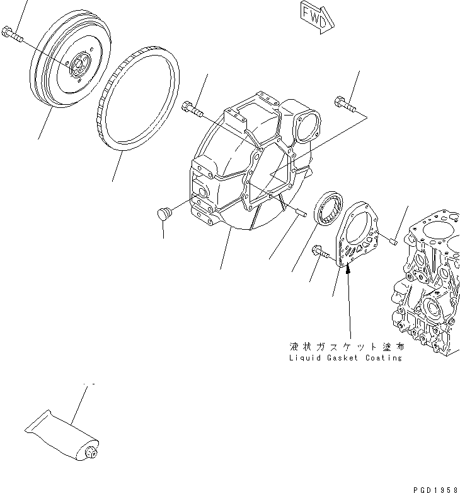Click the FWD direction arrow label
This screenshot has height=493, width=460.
pyautogui.click(x=314, y=18)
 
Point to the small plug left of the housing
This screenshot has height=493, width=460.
pyautogui.click(x=163, y=215)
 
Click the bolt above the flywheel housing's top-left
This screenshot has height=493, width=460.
pyautogui.click(x=192, y=109)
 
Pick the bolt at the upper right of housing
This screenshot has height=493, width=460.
pyautogui.click(x=343, y=103)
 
